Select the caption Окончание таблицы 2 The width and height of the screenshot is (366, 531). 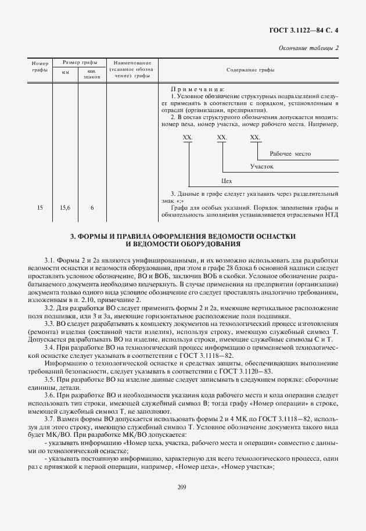(308, 48)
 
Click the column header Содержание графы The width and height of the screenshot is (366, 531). (250, 70)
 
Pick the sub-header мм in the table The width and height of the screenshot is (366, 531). (65, 73)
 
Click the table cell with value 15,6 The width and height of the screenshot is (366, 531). (65, 207)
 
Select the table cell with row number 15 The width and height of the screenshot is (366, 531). (40, 207)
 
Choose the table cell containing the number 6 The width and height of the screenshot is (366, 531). (91, 207)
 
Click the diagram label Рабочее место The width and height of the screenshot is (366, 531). (290, 154)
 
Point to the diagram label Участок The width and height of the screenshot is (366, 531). (261, 167)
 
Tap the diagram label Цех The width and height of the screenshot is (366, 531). (227, 181)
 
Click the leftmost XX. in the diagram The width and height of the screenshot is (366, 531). (188, 137)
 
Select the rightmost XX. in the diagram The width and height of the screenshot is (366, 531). (254, 137)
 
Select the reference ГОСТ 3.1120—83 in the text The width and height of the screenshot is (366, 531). (248, 371)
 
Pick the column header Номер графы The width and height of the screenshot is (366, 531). (40, 66)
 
